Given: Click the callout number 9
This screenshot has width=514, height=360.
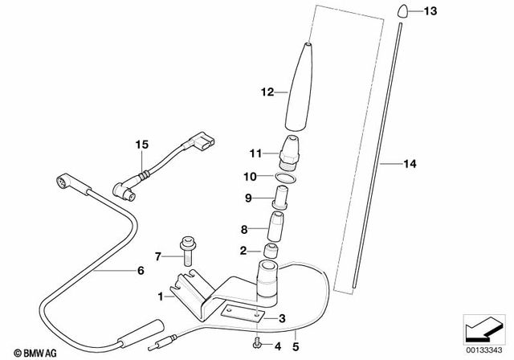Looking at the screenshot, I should point(250,198).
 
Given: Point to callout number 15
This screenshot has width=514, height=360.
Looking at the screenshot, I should point(142,145).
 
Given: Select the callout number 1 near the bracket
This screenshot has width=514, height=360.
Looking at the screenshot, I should point(161,297).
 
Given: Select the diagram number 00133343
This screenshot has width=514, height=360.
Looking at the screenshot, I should point(485,351).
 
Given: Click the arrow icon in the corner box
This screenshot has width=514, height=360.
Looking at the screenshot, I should point(485,330).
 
